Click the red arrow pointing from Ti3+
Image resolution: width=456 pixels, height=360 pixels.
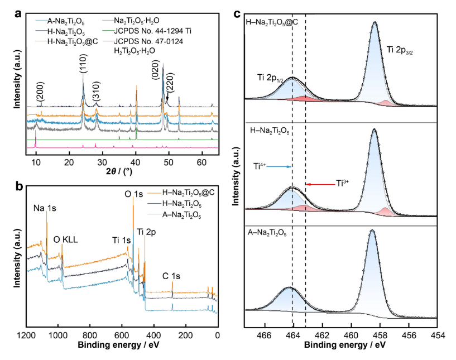click(318, 183)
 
